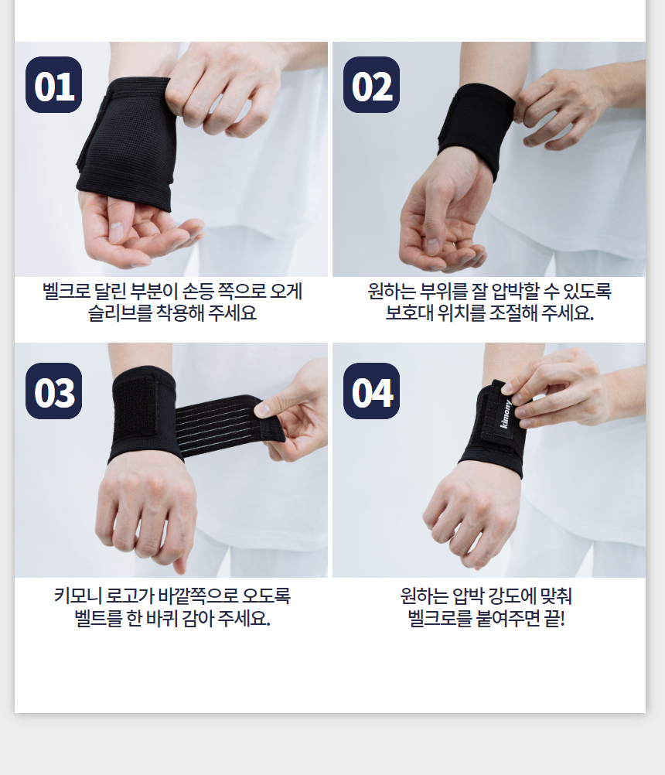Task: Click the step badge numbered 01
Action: (54, 84)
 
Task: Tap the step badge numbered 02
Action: (371, 84)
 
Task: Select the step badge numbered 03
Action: (54, 391)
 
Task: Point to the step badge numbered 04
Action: (371, 391)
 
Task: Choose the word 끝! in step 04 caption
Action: (554, 618)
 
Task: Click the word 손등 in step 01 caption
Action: (198, 291)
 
